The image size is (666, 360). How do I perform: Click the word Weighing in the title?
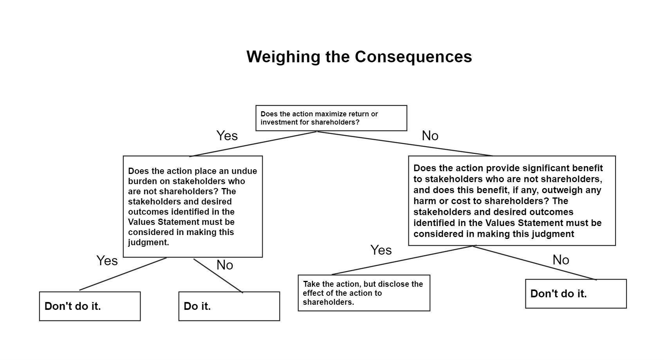(283, 57)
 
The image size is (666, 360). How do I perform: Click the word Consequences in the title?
(413, 56)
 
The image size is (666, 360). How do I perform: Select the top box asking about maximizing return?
(331, 118)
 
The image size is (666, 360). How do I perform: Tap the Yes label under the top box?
(227, 136)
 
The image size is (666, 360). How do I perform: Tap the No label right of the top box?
(430, 136)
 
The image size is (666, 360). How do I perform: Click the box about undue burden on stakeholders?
(193, 206)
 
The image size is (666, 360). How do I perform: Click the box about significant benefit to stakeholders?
(512, 201)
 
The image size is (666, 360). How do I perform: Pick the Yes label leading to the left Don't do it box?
(107, 261)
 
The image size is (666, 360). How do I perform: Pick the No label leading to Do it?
(225, 265)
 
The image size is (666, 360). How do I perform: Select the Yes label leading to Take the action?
(381, 250)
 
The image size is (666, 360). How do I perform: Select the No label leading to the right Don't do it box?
(561, 260)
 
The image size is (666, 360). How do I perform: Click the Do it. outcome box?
(229, 306)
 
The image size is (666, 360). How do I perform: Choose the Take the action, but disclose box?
(364, 293)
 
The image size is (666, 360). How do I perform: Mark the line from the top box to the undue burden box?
(253, 144)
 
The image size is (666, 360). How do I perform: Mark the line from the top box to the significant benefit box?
(405, 143)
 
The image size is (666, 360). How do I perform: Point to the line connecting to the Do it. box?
(218, 276)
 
